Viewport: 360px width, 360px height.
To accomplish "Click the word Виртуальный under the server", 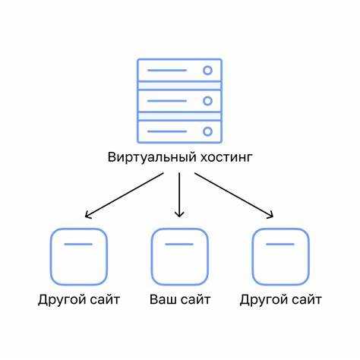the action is [x=152, y=157].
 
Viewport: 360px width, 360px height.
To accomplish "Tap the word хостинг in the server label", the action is [x=226, y=157].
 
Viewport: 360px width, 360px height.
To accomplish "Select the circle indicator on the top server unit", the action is [x=207, y=71].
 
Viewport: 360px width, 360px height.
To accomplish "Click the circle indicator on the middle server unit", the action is [x=207, y=101].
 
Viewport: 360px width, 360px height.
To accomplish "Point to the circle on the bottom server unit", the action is [x=207, y=131].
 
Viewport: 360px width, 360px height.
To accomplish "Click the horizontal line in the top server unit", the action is [x=167, y=71].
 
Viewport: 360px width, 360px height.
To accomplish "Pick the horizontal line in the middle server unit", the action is [x=167, y=101].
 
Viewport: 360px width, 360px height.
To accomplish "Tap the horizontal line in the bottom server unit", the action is [x=167, y=131].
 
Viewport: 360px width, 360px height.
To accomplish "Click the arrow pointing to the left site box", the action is [x=125, y=195].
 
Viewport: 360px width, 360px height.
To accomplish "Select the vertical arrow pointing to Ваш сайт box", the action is [x=179, y=195].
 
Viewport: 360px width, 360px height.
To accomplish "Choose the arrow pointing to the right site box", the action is [x=234, y=195].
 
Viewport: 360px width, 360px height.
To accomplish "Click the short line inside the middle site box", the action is [x=179, y=245].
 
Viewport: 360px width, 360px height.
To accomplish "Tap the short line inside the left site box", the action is [x=78, y=245].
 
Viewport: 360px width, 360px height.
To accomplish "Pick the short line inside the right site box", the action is [x=280, y=245].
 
